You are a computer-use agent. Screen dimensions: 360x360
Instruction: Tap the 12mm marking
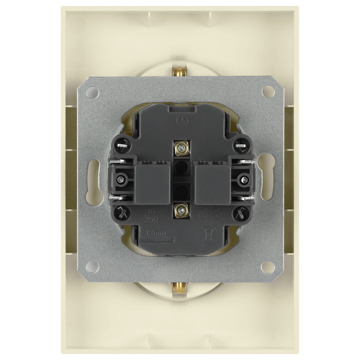[x=156, y=233]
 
